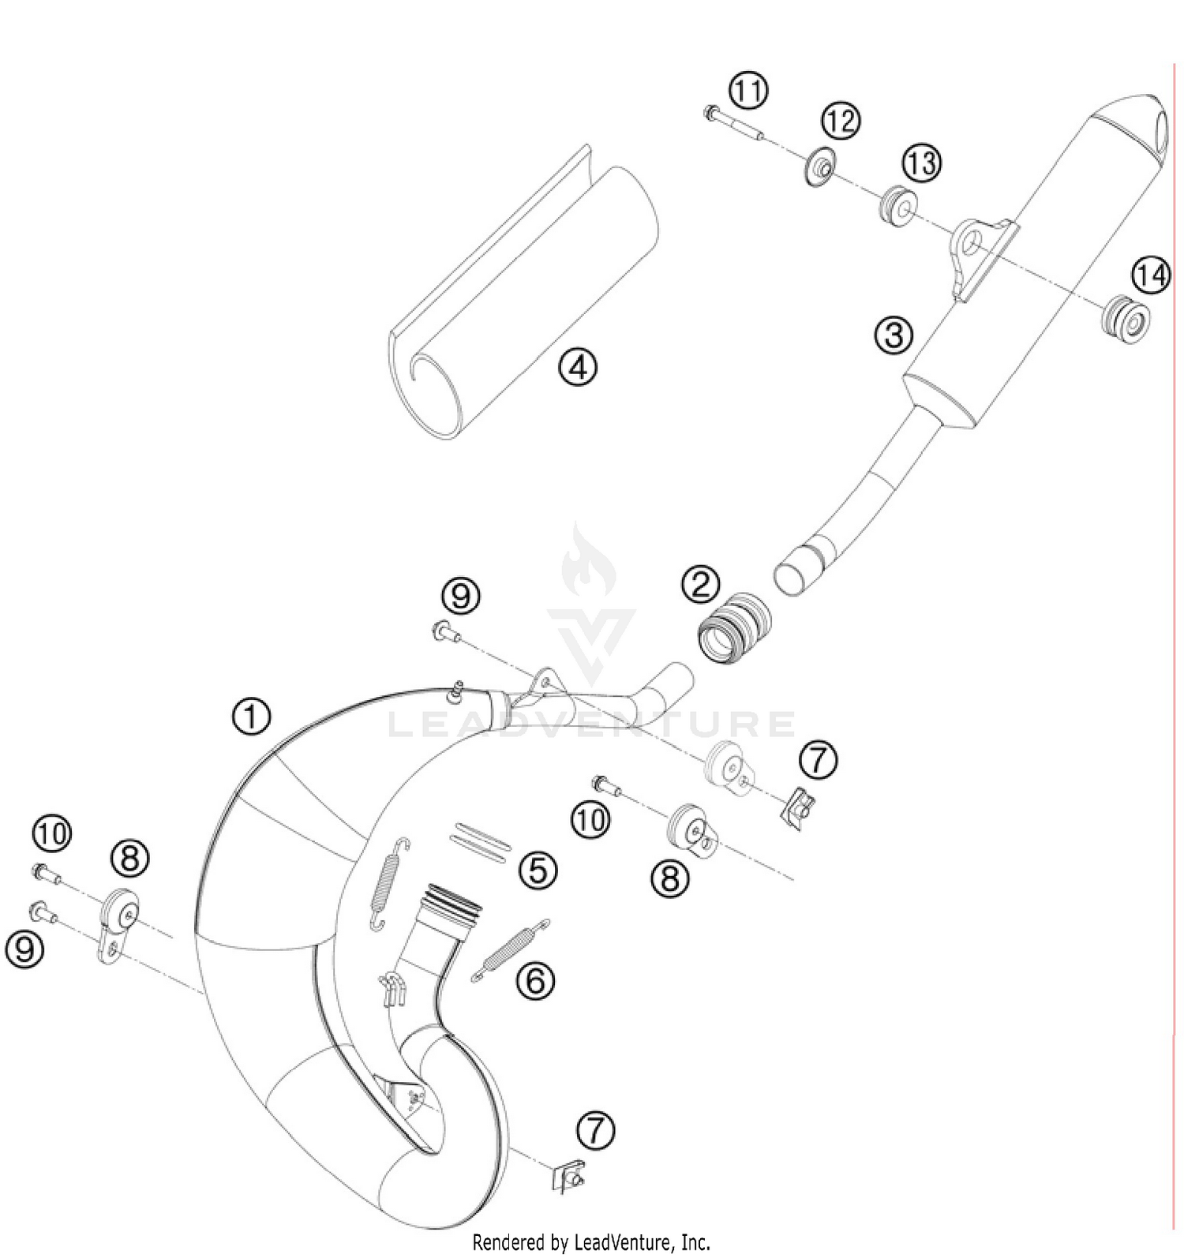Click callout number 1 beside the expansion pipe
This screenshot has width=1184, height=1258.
pos(251,717)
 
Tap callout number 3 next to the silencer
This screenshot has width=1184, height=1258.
pos(893,335)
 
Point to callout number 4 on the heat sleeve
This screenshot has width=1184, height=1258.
pos(578,367)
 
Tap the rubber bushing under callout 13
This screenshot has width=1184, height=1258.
pos(896,206)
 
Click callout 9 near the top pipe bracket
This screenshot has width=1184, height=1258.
pos(461,594)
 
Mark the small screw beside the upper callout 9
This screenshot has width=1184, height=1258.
pos(446,631)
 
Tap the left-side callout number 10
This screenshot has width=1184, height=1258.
pos(52,833)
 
